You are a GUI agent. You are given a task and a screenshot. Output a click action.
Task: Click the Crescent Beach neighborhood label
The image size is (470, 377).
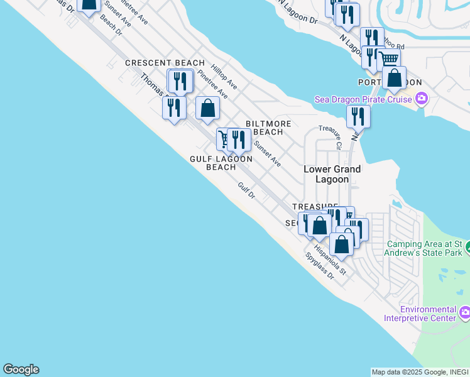click(165, 63)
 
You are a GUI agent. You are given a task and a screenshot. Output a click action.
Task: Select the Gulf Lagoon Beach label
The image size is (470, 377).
click(221, 163)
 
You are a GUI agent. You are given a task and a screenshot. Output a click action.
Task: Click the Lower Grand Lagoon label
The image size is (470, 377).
click(332, 174)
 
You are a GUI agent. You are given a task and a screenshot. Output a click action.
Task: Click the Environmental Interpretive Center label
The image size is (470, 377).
click(428, 314)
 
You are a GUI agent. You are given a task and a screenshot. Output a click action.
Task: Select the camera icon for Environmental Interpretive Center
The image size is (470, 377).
click(465, 312)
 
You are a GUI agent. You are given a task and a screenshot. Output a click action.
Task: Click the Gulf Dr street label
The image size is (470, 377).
click(246, 191)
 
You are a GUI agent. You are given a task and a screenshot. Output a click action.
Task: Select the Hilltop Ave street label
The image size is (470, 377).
click(224, 76)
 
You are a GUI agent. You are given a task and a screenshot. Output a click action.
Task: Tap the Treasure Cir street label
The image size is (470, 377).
click(330, 137)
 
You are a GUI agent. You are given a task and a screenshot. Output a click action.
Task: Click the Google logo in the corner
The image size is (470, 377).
click(21, 369)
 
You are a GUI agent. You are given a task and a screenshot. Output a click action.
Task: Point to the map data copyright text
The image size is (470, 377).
click(420, 372)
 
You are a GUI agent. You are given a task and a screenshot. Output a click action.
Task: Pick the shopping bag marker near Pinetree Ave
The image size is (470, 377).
click(207, 107)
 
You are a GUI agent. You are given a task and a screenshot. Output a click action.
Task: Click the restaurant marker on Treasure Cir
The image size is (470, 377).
click(358, 116)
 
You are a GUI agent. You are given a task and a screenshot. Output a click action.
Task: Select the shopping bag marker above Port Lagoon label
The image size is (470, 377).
click(394, 78)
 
